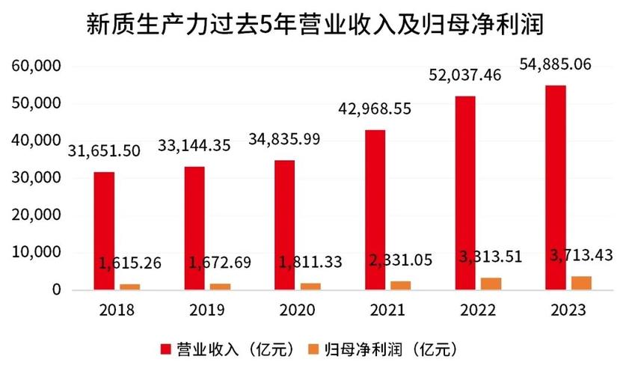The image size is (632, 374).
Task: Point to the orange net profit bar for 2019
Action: [x=220, y=286]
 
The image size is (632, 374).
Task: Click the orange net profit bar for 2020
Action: [x=310, y=286]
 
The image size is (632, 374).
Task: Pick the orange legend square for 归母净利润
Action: [x=315, y=349]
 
